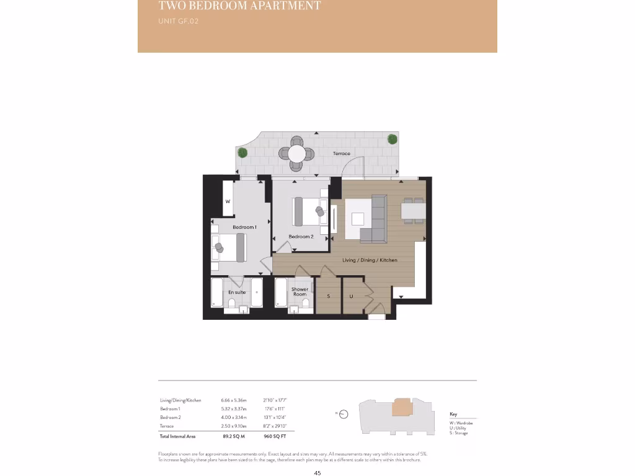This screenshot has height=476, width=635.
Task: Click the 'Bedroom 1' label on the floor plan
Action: [244, 227]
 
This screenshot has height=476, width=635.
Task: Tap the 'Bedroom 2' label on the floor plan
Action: [301, 237]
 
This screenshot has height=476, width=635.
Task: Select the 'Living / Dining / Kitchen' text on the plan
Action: [370, 260]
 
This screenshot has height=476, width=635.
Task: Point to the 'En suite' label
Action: [237, 292]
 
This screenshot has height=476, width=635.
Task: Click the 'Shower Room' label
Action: [300, 292]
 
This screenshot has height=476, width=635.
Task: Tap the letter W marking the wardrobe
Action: [228, 201]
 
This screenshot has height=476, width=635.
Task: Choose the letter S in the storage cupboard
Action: [329, 296]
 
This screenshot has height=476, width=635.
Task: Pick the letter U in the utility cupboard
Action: [350, 296]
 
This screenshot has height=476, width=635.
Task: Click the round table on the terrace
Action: [297, 153]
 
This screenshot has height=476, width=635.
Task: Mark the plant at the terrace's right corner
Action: [392, 139]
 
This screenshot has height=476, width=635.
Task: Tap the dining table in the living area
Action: [413, 211]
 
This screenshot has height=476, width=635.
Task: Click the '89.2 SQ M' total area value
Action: [233, 437]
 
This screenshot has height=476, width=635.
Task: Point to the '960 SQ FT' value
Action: [274, 437]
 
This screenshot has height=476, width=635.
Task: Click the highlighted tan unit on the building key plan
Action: [402, 407]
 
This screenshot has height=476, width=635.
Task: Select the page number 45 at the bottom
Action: [317, 473]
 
